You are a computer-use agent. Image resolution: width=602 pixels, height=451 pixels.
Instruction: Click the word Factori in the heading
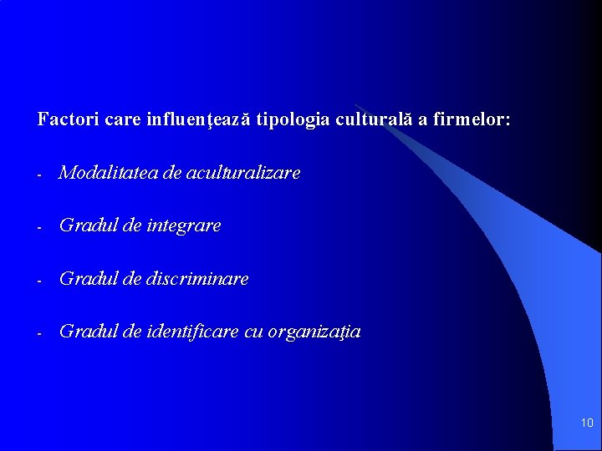click(x=69, y=119)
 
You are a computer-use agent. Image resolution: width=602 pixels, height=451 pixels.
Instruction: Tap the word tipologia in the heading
click(x=293, y=119)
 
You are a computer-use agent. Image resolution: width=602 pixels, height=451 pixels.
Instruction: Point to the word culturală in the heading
click(x=374, y=119)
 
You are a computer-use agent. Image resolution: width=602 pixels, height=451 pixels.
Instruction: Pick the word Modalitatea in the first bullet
click(x=110, y=173)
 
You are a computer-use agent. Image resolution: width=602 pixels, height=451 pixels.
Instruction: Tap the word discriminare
click(x=198, y=279)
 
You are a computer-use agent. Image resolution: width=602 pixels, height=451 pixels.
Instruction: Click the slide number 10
click(x=586, y=423)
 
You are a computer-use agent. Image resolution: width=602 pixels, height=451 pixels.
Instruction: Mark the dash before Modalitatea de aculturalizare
click(x=39, y=175)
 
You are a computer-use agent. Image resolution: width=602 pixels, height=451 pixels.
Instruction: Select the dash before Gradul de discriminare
click(x=39, y=281)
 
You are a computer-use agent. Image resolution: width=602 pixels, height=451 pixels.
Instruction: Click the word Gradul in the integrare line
click(x=86, y=225)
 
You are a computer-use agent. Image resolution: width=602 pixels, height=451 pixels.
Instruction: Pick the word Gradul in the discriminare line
click(x=86, y=279)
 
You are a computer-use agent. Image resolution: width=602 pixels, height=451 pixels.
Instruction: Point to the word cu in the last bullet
click(x=253, y=332)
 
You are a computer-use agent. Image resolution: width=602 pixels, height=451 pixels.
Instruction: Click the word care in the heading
click(x=124, y=119)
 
